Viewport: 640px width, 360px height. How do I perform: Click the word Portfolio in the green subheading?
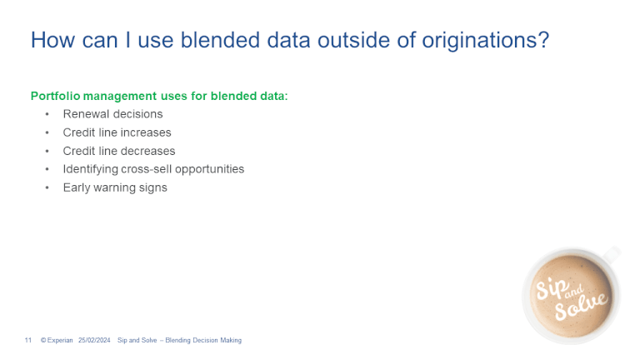[x=55, y=96]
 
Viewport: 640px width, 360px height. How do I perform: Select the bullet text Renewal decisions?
[x=112, y=114]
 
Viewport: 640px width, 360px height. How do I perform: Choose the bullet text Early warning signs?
[x=115, y=187]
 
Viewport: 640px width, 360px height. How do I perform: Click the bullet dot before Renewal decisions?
[x=47, y=114]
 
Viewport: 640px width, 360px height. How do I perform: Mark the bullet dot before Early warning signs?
[x=47, y=187]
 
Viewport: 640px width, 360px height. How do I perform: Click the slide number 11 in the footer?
[x=27, y=340]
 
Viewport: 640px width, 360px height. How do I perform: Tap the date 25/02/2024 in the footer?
[x=94, y=340]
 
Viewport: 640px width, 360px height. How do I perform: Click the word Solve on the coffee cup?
[x=585, y=305]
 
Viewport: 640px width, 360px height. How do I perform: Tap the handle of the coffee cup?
[x=612, y=252]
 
